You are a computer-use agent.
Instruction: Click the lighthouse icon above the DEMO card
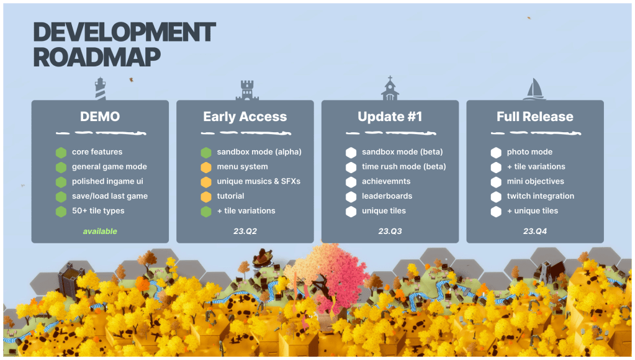pos(100,89)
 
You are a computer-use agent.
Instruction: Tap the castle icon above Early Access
pos(247,90)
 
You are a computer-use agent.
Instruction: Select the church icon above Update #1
pos(390,88)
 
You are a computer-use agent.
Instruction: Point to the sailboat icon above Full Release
pos(534,89)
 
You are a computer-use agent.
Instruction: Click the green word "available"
pos(100,232)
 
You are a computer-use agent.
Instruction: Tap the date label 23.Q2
pos(245,232)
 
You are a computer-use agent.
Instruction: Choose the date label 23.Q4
pos(535,232)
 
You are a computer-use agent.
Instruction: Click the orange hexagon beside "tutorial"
pos(206,197)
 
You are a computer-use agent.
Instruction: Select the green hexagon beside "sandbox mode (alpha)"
pos(206,153)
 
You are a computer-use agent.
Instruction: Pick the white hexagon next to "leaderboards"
pos(351,197)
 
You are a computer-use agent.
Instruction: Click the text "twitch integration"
pos(540,196)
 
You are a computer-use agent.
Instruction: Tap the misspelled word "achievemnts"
pos(386,181)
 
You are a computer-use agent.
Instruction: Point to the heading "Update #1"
pos(390,117)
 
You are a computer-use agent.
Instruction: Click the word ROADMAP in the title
pos(97,57)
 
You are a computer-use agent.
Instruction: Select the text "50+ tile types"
pos(98,211)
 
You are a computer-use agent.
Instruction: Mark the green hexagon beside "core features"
pos(61,153)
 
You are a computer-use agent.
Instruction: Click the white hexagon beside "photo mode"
pos(496,153)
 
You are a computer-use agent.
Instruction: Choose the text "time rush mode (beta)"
pos(403,166)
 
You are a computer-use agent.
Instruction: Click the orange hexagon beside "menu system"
pos(206,167)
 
